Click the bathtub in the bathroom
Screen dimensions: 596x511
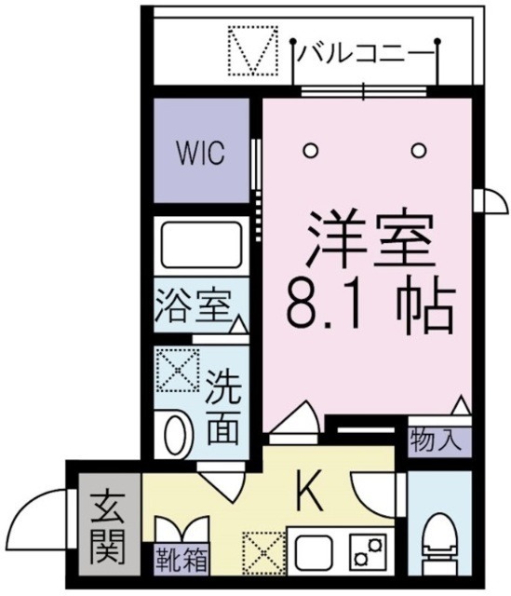(x=201, y=244)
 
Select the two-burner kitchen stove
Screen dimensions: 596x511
(x=369, y=551)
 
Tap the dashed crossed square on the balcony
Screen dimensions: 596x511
(x=253, y=54)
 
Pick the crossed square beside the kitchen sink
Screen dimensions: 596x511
(x=262, y=552)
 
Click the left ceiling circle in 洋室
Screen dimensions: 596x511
(x=313, y=149)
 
